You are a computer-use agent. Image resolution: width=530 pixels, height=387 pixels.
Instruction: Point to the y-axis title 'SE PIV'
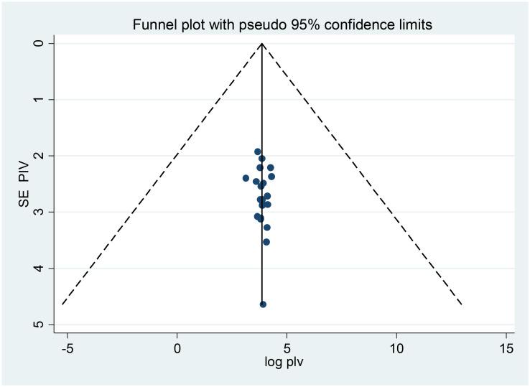tap(24, 184)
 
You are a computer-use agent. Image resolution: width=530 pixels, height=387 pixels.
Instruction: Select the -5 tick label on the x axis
tap(67, 348)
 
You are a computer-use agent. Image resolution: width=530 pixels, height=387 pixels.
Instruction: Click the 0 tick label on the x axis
tap(177, 348)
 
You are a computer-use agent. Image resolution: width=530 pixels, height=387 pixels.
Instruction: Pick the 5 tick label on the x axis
tap(287, 348)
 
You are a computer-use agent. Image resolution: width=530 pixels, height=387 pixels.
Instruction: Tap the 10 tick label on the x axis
tap(396, 348)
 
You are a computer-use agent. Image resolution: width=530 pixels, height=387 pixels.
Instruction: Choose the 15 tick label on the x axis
tap(506, 348)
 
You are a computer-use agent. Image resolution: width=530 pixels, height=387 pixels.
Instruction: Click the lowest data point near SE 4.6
tap(263, 304)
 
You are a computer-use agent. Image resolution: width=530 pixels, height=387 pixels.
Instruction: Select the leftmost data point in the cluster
tap(246, 178)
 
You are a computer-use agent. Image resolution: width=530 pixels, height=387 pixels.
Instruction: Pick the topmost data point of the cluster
tap(258, 151)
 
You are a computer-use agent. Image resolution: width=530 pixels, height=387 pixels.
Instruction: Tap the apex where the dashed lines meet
tap(262, 44)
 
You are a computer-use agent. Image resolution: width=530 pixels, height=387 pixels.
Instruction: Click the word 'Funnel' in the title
tap(153, 26)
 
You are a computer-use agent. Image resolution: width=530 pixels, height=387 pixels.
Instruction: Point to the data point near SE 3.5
tap(266, 242)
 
